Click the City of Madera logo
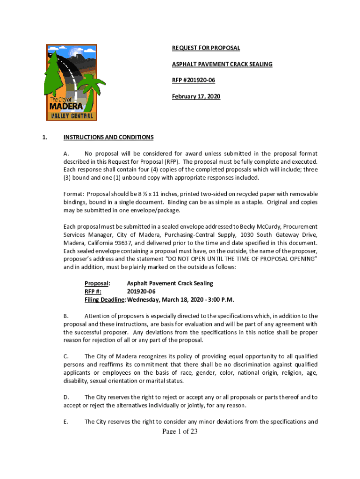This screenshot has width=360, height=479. tap(72, 82)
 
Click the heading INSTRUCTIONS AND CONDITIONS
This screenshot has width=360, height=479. tap(108, 137)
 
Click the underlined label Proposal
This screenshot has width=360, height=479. tap(97, 283)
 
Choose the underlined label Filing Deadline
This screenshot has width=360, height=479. tap(105, 299)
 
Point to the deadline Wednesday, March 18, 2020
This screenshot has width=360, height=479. tap(166, 299)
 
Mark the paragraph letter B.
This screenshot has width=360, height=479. tap(66, 316)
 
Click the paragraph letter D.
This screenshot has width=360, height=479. tap(66, 397)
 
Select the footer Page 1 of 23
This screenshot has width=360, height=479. tap(180, 431)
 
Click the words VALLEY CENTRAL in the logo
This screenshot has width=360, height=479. tap(72, 116)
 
